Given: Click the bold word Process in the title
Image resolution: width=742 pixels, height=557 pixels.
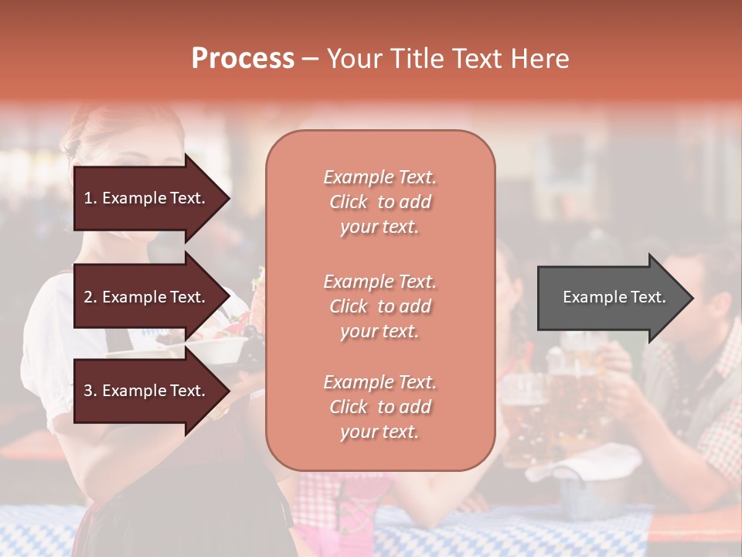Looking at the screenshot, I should (x=243, y=59).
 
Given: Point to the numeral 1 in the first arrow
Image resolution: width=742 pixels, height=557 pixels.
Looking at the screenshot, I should (x=88, y=198).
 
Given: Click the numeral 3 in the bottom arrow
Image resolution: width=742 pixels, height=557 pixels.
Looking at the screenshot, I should (x=88, y=391).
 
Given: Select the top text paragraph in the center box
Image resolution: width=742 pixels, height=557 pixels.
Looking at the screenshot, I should (x=380, y=202).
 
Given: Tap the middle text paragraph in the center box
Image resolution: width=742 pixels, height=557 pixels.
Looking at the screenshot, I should (x=380, y=306).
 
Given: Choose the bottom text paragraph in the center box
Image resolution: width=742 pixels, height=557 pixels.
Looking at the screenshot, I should (x=380, y=407).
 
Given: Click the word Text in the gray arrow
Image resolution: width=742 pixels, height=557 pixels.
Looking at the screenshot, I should (x=648, y=297).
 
